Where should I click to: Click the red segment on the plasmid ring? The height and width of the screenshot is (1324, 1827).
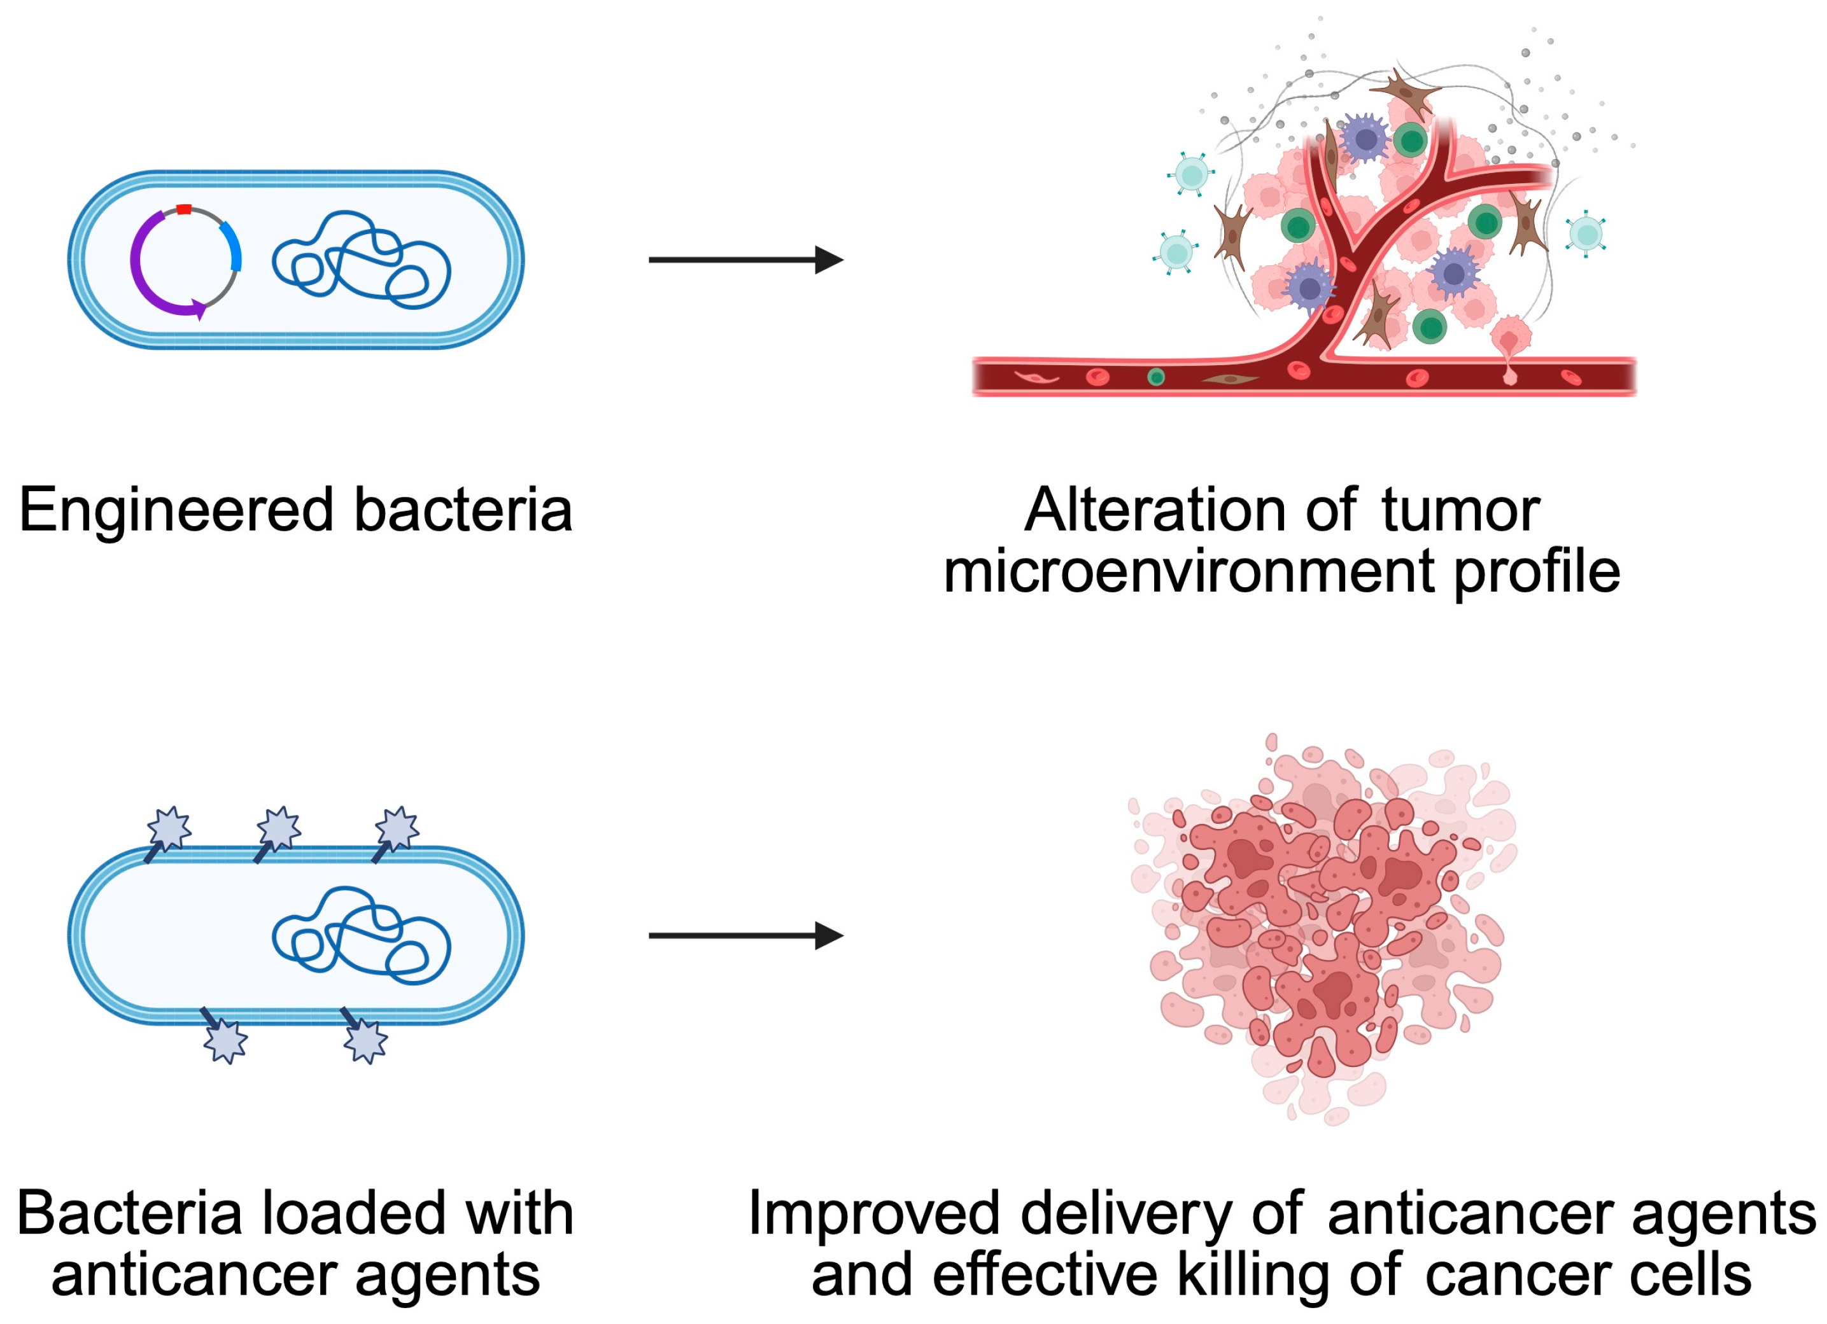pyautogui.click(x=184, y=209)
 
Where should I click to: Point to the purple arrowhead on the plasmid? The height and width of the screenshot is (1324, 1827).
pyautogui.click(x=197, y=309)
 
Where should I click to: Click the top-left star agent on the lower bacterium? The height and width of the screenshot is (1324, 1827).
pyautogui.click(x=170, y=828)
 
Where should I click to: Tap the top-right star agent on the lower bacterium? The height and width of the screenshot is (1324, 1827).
pyautogui.click(x=397, y=828)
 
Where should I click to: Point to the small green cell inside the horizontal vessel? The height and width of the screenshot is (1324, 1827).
pyautogui.click(x=1156, y=377)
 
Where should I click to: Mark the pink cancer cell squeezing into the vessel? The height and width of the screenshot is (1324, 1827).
pyautogui.click(x=1509, y=342)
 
